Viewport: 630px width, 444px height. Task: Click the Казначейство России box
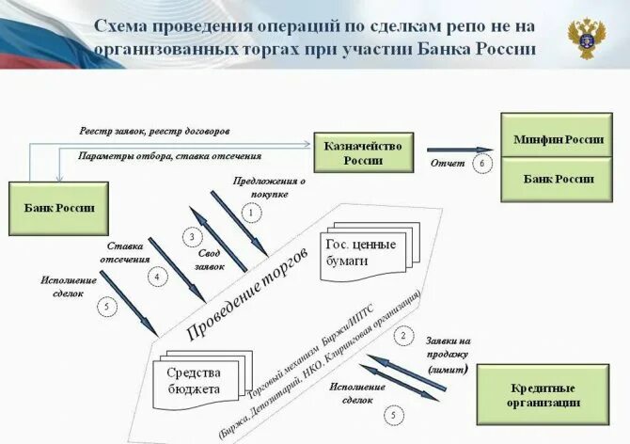pyautogui.click(x=363, y=152)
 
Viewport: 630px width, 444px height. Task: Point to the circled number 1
pyautogui.click(x=251, y=214)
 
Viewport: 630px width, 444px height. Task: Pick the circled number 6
pyautogui.click(x=482, y=164)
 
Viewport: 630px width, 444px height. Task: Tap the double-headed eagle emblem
pyautogui.click(x=587, y=37)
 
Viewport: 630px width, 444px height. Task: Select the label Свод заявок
pyautogui.click(x=211, y=259)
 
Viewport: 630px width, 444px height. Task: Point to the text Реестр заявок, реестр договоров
pyautogui.click(x=155, y=131)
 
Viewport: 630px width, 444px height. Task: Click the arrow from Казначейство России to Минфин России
pyautogui.click(x=459, y=149)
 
